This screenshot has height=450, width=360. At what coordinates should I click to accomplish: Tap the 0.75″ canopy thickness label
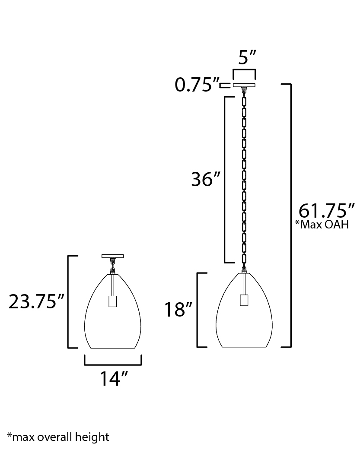point(198,85)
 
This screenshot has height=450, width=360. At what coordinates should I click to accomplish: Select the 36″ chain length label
point(206,179)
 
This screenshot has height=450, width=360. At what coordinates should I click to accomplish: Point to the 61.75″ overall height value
point(327,211)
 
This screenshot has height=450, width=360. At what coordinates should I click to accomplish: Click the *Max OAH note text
point(322,224)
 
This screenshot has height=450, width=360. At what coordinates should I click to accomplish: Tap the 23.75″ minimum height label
point(36,301)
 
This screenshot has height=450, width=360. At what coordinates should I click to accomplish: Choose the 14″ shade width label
point(113,379)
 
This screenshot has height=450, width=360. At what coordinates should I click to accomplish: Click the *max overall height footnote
point(58,437)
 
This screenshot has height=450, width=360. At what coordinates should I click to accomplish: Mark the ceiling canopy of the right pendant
point(244,85)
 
